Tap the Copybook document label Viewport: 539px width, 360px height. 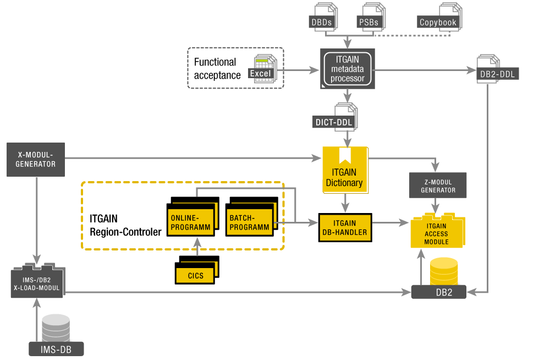(x=438, y=23)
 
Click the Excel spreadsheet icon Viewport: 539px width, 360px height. (x=263, y=68)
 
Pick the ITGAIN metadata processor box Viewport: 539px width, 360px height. (x=348, y=68)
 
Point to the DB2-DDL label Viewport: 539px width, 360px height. (x=496, y=74)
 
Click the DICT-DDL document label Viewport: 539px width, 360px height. (x=334, y=122)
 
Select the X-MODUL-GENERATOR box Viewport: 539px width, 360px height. (x=36, y=160)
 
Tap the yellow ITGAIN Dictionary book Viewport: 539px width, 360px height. (x=345, y=171)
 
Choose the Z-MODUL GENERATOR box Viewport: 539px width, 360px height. (x=438, y=186)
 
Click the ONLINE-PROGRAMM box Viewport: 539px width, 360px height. (x=190, y=222)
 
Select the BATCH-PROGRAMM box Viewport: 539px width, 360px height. (x=250, y=222)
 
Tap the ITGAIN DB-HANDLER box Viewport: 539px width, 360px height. (x=345, y=227)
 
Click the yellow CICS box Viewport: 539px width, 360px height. (x=195, y=275)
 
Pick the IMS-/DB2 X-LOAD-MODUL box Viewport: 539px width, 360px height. (x=37, y=283)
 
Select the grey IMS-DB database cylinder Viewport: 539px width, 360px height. (x=56, y=328)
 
